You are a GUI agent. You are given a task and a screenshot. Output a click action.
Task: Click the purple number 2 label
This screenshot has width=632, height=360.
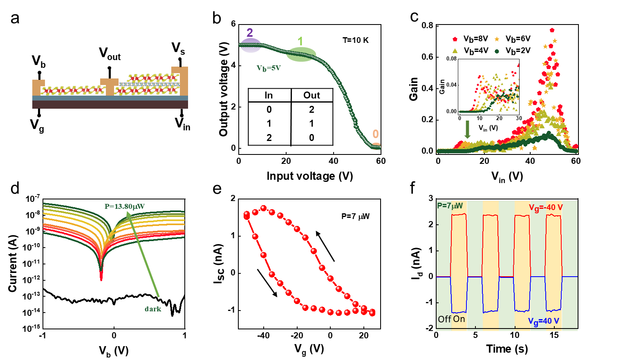coord(249,33)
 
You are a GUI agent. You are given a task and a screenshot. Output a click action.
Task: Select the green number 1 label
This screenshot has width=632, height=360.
coord(300,41)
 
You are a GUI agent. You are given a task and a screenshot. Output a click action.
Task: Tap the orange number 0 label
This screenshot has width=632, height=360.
coord(375,134)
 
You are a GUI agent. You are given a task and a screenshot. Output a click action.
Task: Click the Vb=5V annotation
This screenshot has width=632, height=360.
coord(269,68)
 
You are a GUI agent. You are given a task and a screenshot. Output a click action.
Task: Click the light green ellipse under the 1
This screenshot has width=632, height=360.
coord(302,55)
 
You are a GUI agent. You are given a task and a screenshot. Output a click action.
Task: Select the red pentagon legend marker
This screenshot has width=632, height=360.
coord(455,39)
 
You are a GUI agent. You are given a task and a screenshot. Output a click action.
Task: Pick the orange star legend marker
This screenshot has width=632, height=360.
coord(497,39)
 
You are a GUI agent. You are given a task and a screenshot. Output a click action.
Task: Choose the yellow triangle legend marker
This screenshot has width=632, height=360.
coord(455,51)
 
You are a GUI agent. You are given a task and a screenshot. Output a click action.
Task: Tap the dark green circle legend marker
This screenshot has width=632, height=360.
coord(497,51)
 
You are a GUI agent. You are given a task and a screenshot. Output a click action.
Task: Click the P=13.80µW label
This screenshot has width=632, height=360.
coord(125,206)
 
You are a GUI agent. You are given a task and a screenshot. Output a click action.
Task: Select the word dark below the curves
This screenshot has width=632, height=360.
coord(153,309)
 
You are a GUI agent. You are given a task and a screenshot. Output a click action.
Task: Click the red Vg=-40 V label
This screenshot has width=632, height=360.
coord(546,208)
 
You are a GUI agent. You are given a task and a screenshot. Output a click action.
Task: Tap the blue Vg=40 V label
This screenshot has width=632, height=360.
coord(543,321)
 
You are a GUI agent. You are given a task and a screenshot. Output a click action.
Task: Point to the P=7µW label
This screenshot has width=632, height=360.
coord(450,206)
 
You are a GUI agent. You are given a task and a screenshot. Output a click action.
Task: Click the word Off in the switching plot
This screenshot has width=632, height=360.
coord(444,319)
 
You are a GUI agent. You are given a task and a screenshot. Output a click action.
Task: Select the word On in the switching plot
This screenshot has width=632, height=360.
coord(459,319)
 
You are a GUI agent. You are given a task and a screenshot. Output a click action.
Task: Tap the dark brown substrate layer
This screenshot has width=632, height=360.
coord(110,105)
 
